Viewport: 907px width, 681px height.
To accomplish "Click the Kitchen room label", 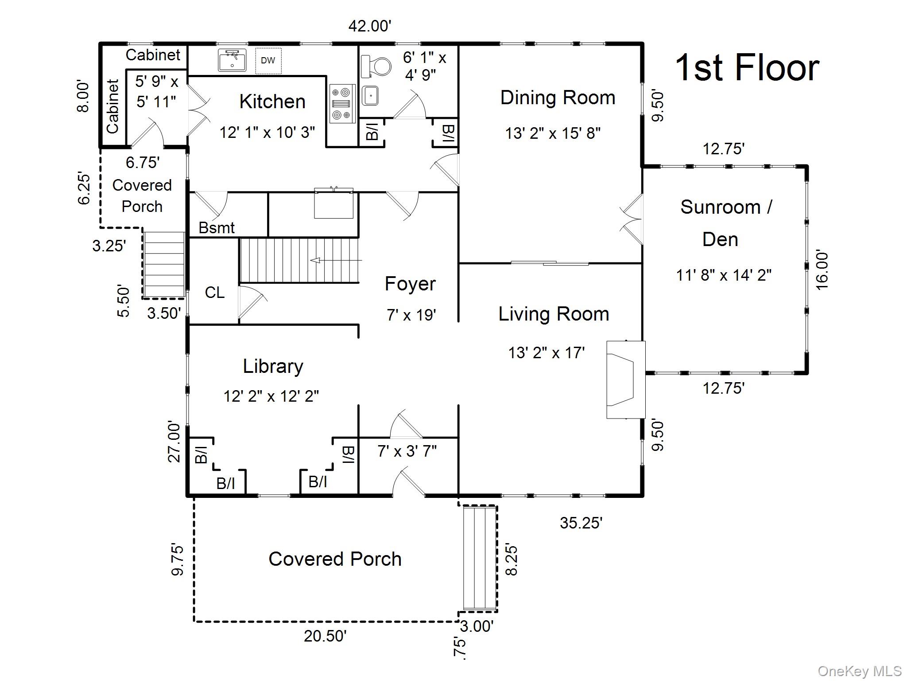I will click(x=272, y=102).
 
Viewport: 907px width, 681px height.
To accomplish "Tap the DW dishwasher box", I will click(x=268, y=61).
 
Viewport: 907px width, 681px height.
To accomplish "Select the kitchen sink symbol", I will click(x=232, y=60).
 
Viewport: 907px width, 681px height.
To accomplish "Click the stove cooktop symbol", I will click(x=343, y=104).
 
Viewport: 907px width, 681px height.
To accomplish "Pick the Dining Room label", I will click(x=558, y=98).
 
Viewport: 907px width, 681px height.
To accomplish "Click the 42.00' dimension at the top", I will click(x=370, y=26).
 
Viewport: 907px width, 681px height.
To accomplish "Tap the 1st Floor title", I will click(x=747, y=68).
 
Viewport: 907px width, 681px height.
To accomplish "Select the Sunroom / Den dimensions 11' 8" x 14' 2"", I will click(x=724, y=275).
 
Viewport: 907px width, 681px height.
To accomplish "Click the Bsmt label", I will click(x=217, y=228).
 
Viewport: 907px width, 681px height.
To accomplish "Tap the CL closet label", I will click(x=214, y=293).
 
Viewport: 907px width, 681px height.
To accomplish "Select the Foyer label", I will click(x=410, y=284).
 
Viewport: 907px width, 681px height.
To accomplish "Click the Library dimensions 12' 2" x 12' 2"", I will click(x=271, y=396).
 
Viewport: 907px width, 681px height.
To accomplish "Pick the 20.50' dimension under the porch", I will click(x=325, y=636).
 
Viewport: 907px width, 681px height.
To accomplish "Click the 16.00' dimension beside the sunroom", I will click(x=822, y=270).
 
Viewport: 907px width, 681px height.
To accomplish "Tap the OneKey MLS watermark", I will click(x=859, y=671).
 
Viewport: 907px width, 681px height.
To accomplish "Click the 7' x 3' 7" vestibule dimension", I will click(x=407, y=451).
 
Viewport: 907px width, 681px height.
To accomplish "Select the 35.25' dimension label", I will click(x=581, y=523).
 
